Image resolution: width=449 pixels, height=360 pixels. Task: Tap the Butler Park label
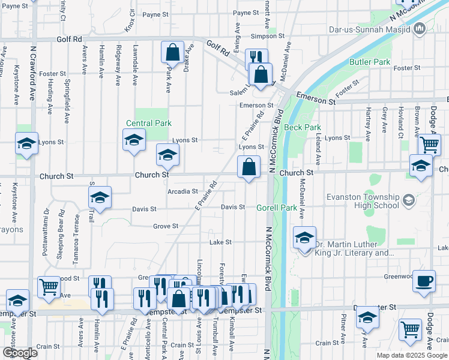pyautogui.click(x=370, y=62)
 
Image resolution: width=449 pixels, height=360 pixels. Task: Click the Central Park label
pyautogui.click(x=149, y=123)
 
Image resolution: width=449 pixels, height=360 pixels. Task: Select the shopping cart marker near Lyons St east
pyautogui.click(x=430, y=144)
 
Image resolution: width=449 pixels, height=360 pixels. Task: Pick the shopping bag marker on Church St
pyautogui.click(x=249, y=166)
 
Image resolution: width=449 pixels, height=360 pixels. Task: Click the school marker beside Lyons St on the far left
pyautogui.click(x=26, y=143)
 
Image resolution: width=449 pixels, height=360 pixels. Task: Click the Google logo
pyautogui.click(x=20, y=353)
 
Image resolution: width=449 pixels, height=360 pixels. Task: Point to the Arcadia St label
pyautogui.click(x=182, y=191)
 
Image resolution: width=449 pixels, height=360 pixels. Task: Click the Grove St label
pyautogui.click(x=166, y=226)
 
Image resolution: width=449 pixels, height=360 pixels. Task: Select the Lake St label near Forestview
pyautogui.click(x=220, y=242)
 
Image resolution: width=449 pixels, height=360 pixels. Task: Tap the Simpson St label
pyautogui.click(x=268, y=36)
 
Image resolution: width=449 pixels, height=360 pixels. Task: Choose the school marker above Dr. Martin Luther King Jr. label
pyautogui.click(x=305, y=238)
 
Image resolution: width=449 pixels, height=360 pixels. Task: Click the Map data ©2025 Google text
pyautogui.click(x=412, y=355)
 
